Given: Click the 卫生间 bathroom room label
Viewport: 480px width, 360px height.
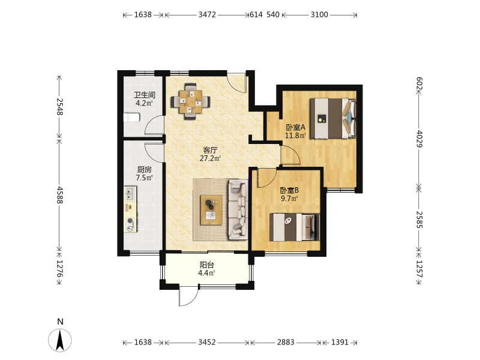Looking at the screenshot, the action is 145,95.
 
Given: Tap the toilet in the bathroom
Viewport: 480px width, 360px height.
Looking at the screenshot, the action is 131,118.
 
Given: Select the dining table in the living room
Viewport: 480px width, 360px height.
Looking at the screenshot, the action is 190,101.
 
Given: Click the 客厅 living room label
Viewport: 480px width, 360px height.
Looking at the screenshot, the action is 211,151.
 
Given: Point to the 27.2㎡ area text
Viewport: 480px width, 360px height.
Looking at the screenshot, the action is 211,158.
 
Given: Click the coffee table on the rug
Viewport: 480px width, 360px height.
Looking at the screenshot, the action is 211,210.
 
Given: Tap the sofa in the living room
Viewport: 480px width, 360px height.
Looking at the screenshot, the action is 238,209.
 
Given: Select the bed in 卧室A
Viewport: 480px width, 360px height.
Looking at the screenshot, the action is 333,118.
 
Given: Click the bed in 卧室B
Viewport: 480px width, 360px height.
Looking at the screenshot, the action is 294,227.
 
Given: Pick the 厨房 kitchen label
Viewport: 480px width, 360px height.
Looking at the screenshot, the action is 144,170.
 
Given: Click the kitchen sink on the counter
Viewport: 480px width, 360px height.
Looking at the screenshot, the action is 130,193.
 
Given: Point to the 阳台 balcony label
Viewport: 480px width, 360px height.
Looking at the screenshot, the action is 206,265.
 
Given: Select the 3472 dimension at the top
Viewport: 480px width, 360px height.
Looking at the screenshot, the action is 207,14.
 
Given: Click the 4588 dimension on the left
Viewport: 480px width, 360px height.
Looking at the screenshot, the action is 59,195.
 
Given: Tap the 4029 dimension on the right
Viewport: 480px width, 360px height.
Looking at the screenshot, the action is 419,139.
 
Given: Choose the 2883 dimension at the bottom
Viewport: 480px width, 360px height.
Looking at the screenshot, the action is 286,342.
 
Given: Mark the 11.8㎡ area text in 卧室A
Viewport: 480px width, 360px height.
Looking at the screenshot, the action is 295,136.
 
